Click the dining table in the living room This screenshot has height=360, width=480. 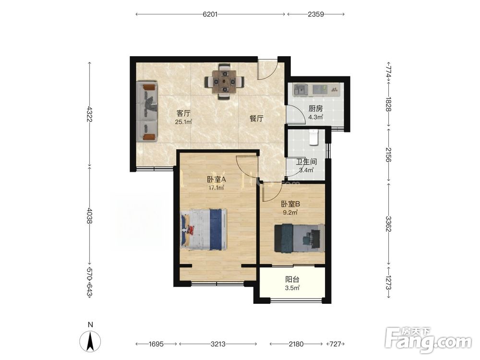225,82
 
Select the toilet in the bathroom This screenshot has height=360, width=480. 314,137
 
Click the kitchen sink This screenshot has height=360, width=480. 301,90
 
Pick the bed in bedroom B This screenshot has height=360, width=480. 300,238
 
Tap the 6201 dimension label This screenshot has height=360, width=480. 210,14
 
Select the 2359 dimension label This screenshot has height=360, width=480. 316,14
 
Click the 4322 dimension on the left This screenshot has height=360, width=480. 89,114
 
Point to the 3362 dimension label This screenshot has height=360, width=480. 388,224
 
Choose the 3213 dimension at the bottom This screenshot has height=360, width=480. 218,344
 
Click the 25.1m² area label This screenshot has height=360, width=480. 183,122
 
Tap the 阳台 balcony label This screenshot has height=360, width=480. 292,279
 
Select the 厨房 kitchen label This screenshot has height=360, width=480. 316,108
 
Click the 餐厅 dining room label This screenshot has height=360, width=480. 256,119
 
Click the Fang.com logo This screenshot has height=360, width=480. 428,339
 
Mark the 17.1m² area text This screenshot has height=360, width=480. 216,188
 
